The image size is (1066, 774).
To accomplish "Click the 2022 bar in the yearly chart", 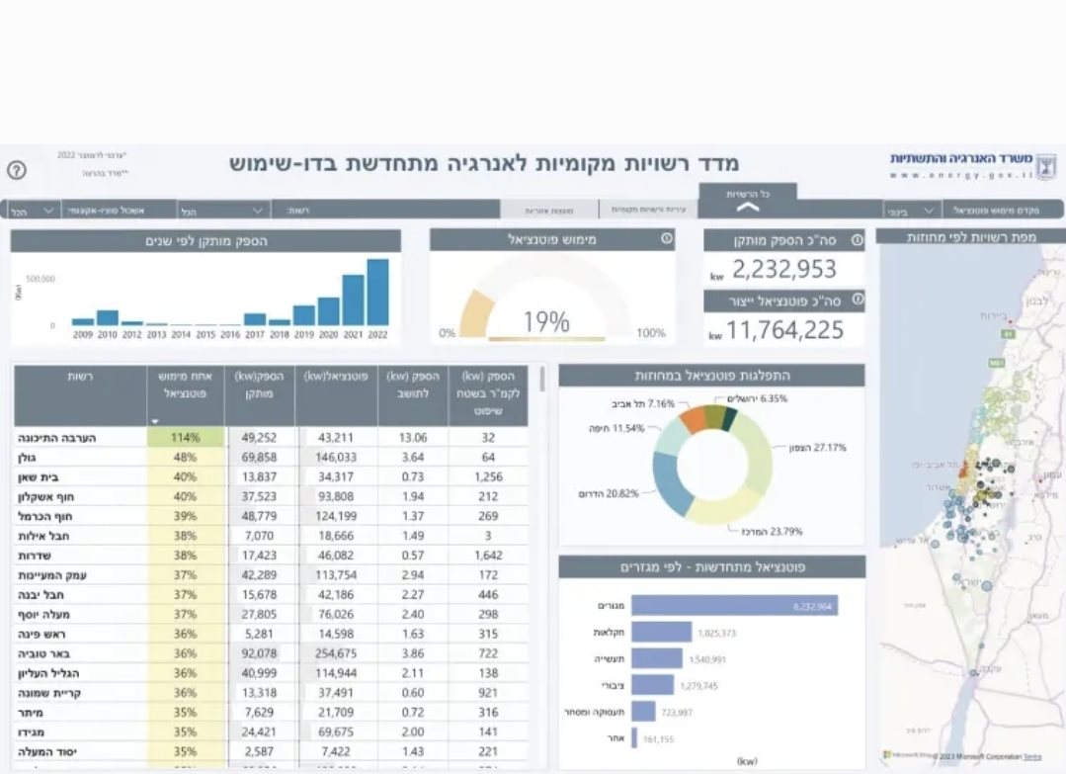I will pyautogui.click(x=377, y=293).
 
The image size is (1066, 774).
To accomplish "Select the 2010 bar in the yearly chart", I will pyautogui.click(x=107, y=317).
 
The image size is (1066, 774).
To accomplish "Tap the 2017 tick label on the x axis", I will pyautogui.click(x=254, y=335).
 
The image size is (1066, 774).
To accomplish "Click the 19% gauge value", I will pyautogui.click(x=546, y=322).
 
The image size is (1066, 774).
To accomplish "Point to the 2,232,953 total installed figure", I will pyautogui.click(x=784, y=269).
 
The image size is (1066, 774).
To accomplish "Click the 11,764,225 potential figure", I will pyautogui.click(x=785, y=329).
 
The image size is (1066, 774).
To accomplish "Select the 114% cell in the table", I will pyautogui.click(x=186, y=437).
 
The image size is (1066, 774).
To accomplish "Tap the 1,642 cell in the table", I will pyautogui.click(x=488, y=556).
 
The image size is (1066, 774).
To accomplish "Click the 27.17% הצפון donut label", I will pyautogui.click(x=816, y=448).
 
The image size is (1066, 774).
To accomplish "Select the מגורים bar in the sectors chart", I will pyautogui.click(x=734, y=605).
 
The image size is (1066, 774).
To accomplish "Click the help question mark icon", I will pyautogui.click(x=17, y=169).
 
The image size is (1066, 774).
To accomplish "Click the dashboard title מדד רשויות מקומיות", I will pyautogui.click(x=484, y=163).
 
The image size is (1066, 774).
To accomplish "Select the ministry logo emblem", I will pyautogui.click(x=1046, y=163).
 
